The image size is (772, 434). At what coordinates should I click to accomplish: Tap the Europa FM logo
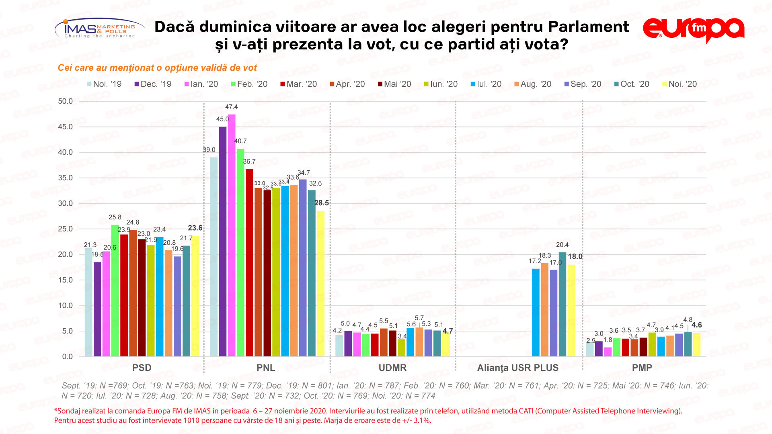[694, 29]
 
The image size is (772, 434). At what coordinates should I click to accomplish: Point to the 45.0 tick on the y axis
[65, 127]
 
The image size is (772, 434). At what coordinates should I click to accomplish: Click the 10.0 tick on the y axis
[65, 305]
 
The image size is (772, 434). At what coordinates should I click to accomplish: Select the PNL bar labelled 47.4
[232, 235]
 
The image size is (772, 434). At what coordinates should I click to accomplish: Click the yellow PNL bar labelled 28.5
[320, 283]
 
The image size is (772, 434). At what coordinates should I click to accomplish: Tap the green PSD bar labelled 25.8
[115, 290]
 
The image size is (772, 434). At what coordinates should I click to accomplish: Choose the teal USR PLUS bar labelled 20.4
[563, 304]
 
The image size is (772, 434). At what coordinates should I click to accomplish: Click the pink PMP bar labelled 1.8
[608, 352]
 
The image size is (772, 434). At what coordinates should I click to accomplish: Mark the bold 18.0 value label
[575, 256]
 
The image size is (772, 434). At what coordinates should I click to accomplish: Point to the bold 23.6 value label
[195, 228]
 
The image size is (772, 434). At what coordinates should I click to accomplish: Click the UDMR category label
[392, 368]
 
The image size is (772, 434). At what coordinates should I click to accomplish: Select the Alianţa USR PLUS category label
[517, 368]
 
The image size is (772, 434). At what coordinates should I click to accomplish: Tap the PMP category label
[642, 368]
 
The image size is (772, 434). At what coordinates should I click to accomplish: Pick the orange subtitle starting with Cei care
[157, 68]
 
